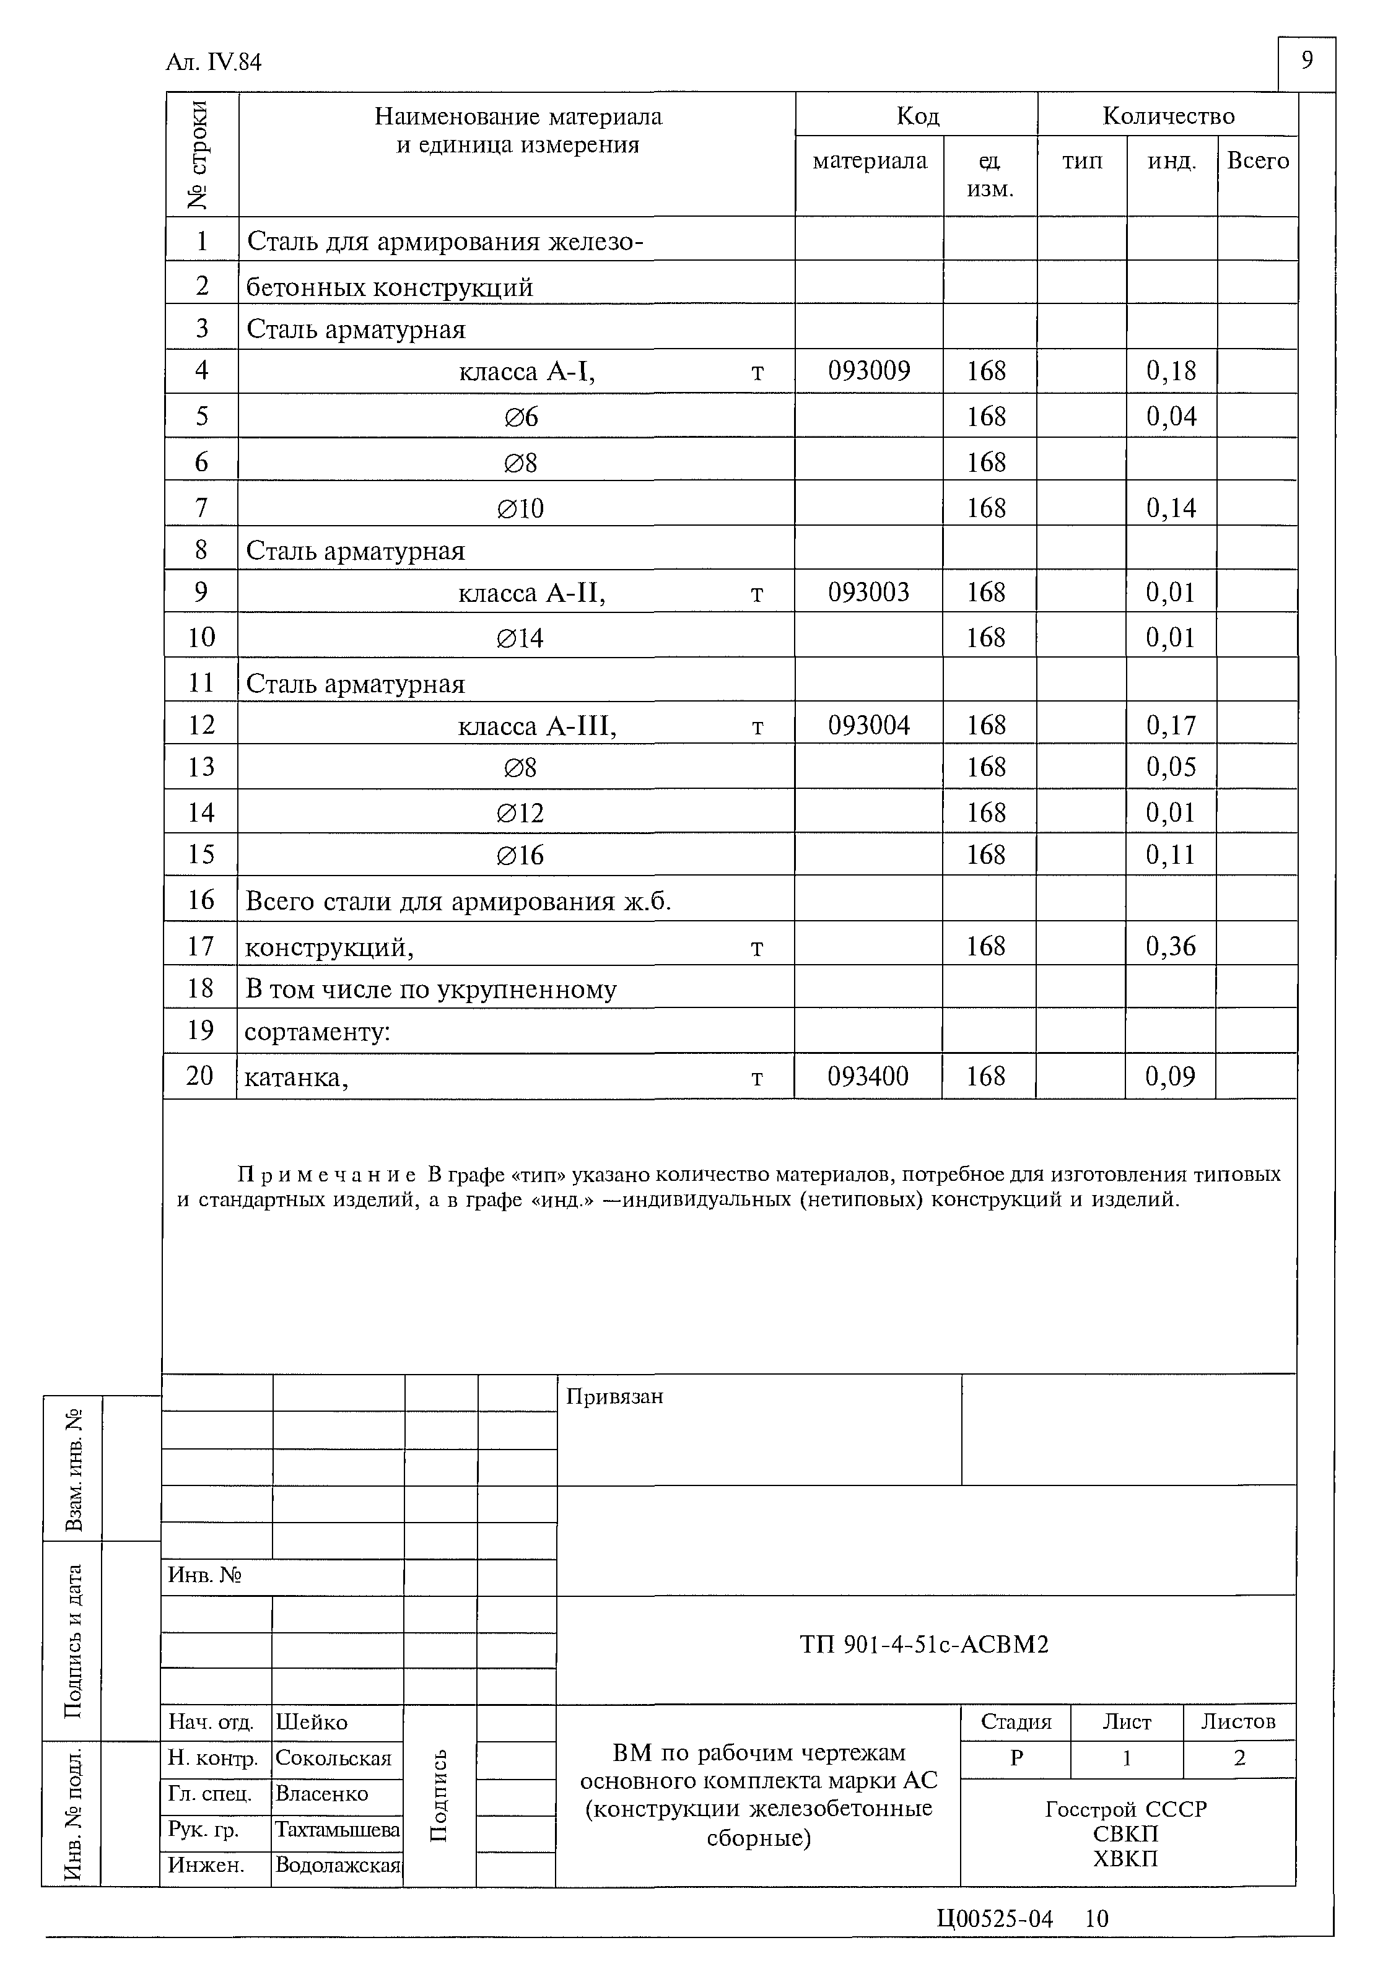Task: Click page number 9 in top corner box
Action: pyautogui.click(x=1306, y=61)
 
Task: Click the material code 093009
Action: pyautogui.click(x=868, y=370)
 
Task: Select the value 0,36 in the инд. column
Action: pyautogui.click(x=1171, y=946)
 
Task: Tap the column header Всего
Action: pyautogui.click(x=1257, y=161)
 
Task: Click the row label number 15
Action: pyautogui.click(x=200, y=854)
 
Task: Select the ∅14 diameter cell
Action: pyautogui.click(x=520, y=638)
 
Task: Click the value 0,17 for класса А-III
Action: pyautogui.click(x=1171, y=726)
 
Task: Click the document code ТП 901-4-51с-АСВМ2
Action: pyautogui.click(x=924, y=1645)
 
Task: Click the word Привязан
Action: pyautogui.click(x=614, y=1396)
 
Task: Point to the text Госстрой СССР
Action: pyautogui.click(x=1125, y=1809)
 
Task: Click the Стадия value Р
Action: pyautogui.click(x=1016, y=1758)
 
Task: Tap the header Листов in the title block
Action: pyautogui.click(x=1237, y=1721)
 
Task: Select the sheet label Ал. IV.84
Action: pyautogui.click(x=213, y=63)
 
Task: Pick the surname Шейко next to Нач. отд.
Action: pyautogui.click(x=312, y=1722)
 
